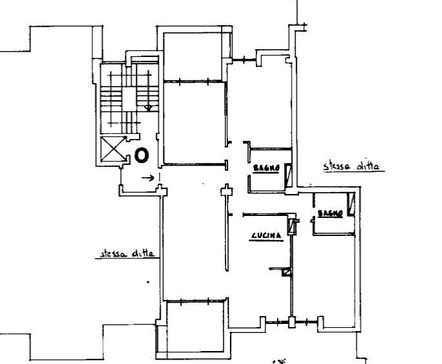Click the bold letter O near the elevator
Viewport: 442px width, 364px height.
[x=142, y=155]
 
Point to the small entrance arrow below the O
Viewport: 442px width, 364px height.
[x=148, y=178]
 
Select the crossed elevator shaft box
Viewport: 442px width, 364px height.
[x=112, y=149]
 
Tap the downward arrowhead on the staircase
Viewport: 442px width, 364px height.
[x=149, y=108]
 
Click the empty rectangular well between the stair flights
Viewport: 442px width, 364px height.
[x=129, y=100]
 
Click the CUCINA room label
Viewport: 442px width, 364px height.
[x=267, y=237]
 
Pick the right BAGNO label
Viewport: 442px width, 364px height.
[x=330, y=214]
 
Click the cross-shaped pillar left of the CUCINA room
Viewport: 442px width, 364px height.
[x=226, y=192]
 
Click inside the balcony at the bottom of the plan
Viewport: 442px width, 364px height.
[x=195, y=327]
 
